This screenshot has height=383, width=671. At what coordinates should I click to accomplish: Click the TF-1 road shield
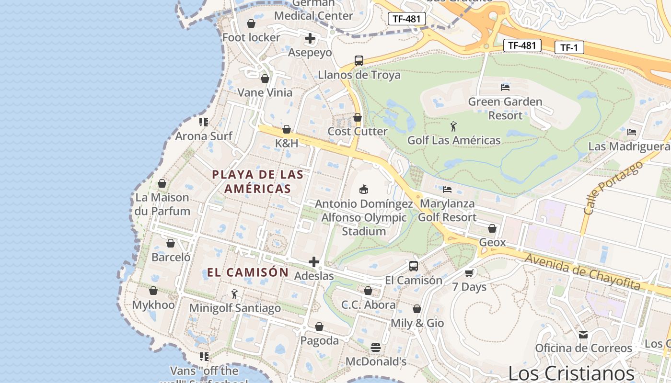coord(569,47)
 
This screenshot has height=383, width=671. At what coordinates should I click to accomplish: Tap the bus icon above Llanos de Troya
coord(359,61)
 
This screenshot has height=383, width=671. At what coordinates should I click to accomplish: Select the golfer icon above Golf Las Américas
coord(453,126)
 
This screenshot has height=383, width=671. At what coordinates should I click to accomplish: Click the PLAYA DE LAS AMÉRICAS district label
coord(258,181)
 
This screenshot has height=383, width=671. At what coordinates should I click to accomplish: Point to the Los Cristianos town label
coord(571,373)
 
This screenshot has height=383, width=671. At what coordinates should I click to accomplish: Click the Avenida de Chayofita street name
coord(583,271)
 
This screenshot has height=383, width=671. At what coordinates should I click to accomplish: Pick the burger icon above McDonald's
coord(376,347)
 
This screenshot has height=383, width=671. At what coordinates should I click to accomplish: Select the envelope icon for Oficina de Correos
coord(583,334)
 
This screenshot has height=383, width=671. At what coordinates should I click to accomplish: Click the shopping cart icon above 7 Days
coord(469,273)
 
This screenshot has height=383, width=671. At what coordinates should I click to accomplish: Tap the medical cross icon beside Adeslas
coord(314,262)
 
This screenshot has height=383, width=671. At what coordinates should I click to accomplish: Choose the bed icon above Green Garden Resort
coord(505,87)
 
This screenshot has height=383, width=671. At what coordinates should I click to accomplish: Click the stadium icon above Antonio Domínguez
coord(364,189)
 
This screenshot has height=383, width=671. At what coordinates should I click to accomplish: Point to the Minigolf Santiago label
coord(235,308)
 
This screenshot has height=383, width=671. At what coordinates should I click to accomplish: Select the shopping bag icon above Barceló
coord(171,243)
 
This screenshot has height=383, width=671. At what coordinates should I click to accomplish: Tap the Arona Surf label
coord(204,136)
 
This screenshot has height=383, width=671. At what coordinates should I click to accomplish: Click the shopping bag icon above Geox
coord(492,228)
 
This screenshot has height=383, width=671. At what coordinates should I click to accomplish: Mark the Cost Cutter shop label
coord(358,131)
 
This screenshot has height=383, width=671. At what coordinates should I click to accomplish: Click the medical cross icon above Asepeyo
coord(310,38)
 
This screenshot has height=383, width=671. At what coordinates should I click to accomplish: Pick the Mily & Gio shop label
coord(417,323)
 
